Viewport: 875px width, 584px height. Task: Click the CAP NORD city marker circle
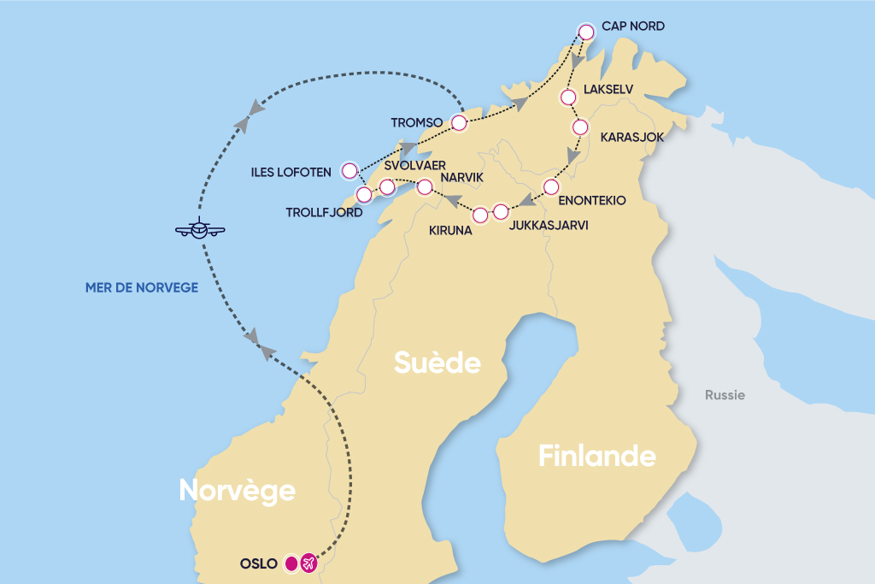tap(586, 32)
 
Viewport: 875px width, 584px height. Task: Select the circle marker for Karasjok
tap(580, 127)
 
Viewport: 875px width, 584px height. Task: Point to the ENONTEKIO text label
tap(591, 200)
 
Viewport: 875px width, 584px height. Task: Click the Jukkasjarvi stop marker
tap(501, 211)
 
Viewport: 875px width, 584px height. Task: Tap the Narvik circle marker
tap(424, 186)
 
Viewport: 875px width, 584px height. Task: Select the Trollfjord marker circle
tap(363, 195)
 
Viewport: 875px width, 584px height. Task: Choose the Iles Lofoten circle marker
tap(349, 170)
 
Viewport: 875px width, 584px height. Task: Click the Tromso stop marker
tap(459, 124)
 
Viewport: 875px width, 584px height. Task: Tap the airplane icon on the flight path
tap(200, 229)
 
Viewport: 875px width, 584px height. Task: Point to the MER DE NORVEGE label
tap(142, 288)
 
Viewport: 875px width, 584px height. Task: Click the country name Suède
tap(437, 363)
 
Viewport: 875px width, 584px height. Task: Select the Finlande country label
tap(596, 457)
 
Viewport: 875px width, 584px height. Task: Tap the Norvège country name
tap(237, 490)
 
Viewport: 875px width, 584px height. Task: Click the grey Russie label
tap(725, 395)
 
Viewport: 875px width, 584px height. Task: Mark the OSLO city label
tap(259, 563)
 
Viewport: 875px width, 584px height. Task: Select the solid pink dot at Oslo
tap(291, 563)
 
